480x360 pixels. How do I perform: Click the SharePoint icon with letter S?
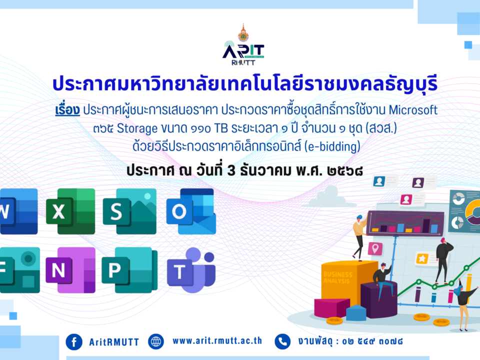[x=129, y=211]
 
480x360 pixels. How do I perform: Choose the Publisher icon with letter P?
[x=129, y=270]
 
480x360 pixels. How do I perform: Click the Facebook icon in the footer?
[x=74, y=341]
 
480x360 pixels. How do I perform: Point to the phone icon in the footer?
[x=282, y=341]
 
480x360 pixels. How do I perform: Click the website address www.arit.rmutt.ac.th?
[x=217, y=341]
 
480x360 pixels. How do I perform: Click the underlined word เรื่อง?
[x=68, y=109]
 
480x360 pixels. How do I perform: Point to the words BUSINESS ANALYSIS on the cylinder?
[x=338, y=277]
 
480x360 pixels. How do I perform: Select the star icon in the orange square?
[x=422, y=258]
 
